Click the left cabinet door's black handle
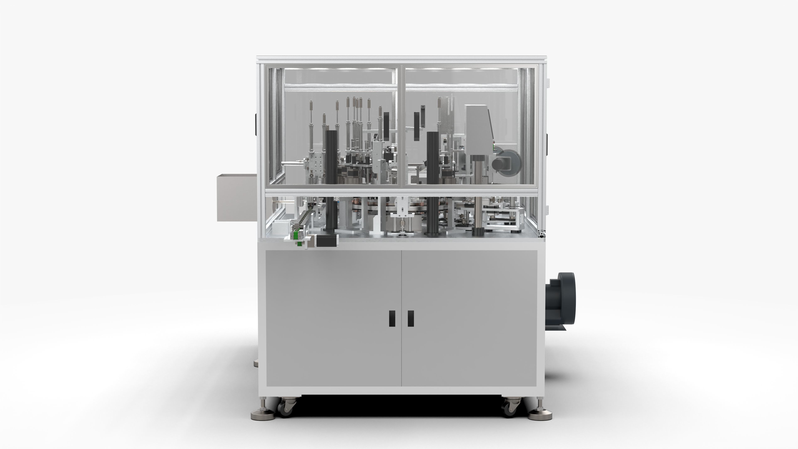(x=392, y=318)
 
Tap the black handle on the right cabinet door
(x=411, y=318)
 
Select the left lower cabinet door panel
(x=333, y=318)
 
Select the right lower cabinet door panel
(x=469, y=318)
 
